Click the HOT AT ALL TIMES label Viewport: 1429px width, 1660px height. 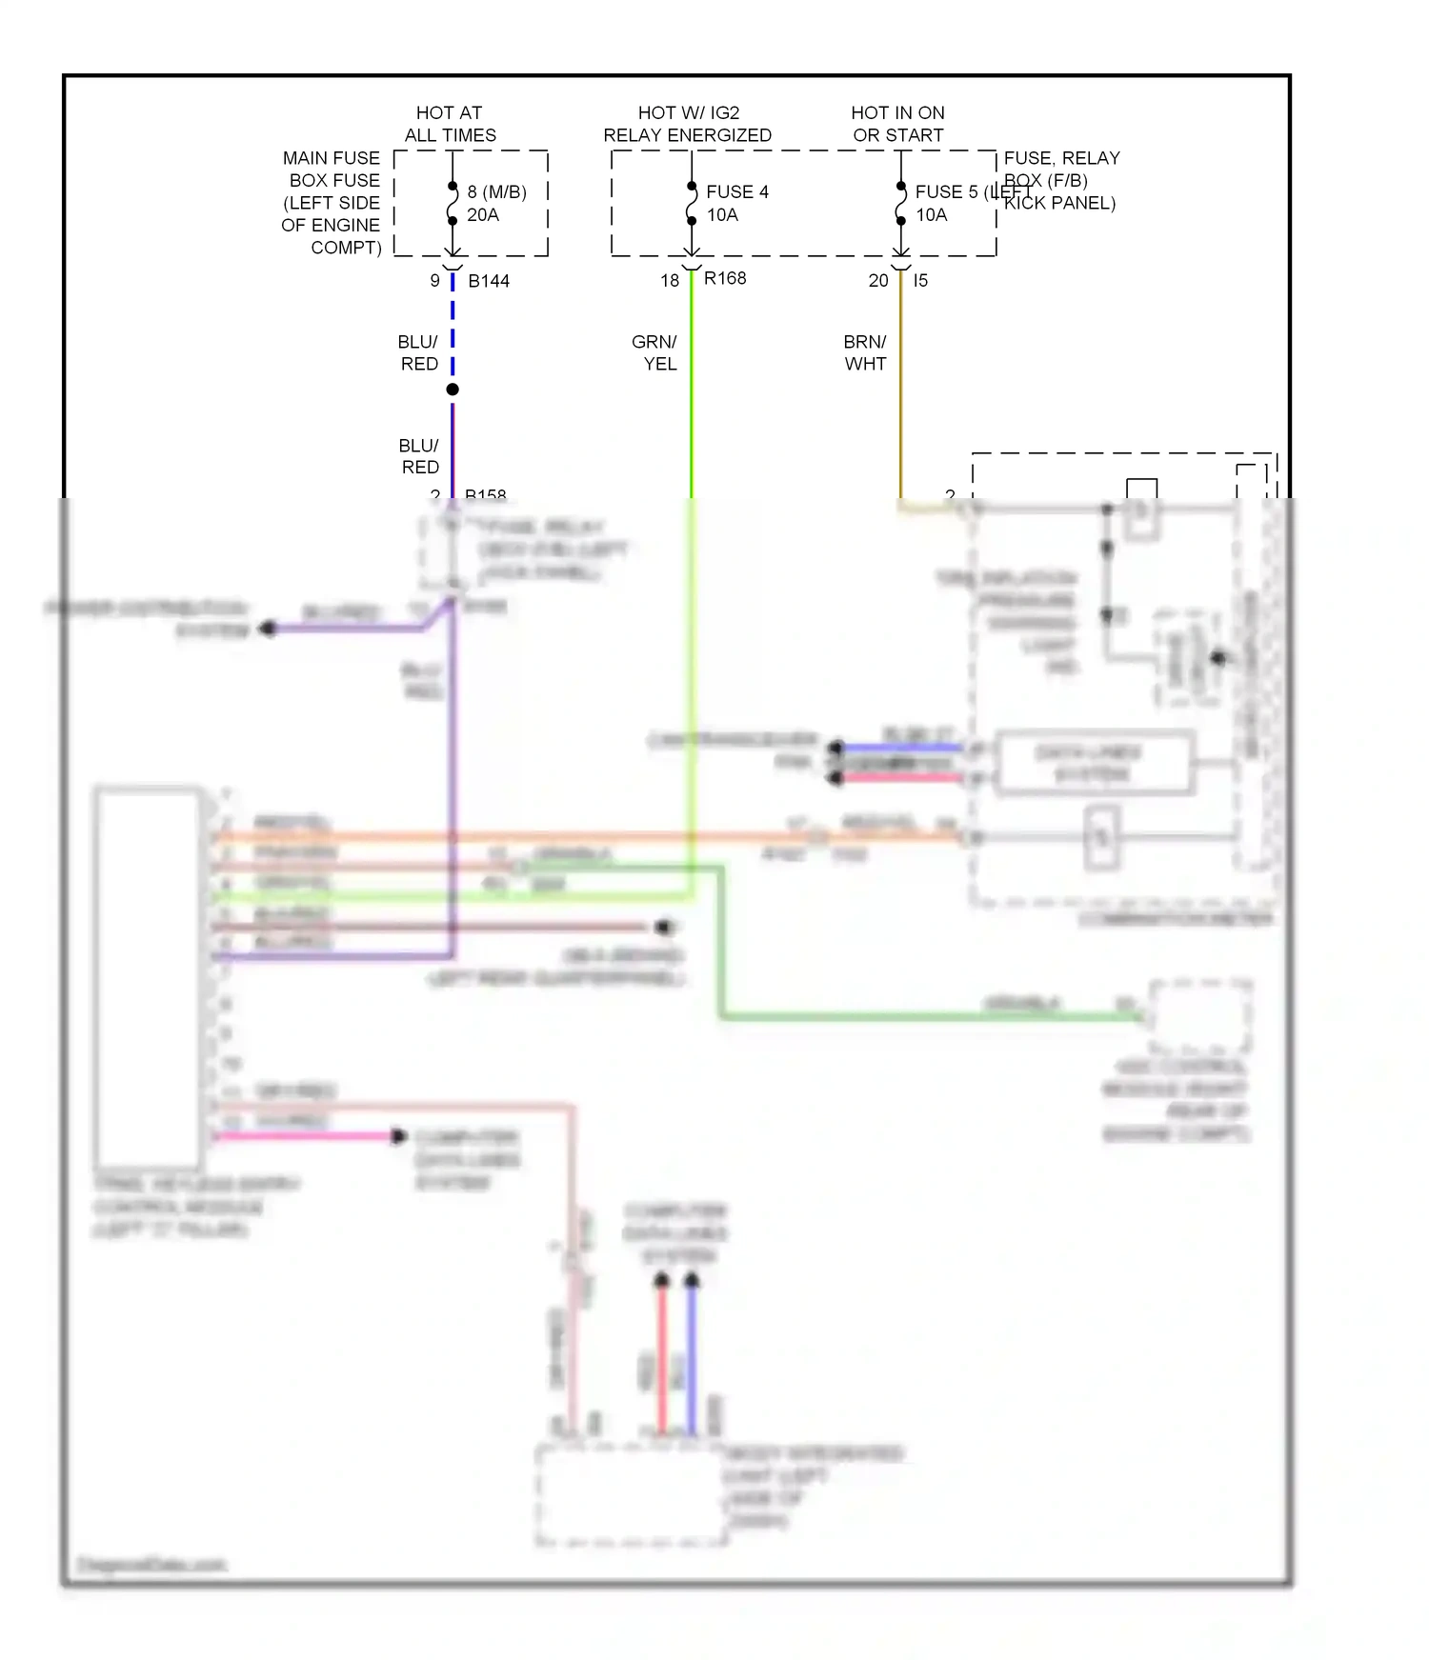450,124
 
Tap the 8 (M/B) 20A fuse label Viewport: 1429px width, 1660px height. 495,203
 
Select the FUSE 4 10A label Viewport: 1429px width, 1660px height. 736,203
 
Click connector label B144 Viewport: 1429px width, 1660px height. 489,281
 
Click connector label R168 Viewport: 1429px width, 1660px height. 725,278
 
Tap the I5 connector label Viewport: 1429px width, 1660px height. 920,281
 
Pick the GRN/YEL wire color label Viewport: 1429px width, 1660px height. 654,352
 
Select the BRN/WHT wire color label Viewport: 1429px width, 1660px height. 865,352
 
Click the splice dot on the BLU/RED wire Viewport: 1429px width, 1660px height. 453,390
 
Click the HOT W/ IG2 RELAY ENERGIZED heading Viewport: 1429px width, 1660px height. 687,124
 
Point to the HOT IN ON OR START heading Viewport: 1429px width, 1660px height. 897,124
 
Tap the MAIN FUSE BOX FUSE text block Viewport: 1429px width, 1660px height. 332,203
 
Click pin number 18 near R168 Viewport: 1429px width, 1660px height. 670,281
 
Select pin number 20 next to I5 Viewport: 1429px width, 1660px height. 878,281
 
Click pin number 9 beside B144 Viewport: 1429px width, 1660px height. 435,281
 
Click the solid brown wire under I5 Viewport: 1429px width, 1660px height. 900,400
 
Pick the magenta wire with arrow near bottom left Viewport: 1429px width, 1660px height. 305,1136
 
